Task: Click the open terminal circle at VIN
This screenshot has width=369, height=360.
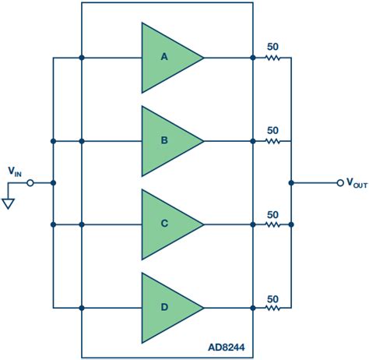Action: coord(30,183)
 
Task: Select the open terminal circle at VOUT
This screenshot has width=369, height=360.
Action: coord(339,183)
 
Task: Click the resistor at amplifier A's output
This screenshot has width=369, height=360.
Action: coord(272,58)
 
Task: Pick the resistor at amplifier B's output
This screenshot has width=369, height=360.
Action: coord(272,141)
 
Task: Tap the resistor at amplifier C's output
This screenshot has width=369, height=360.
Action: coord(272,224)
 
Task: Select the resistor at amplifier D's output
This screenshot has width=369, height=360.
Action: coord(272,307)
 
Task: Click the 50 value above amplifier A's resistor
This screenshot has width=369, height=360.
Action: coord(272,47)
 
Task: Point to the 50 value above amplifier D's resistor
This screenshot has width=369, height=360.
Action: coord(272,297)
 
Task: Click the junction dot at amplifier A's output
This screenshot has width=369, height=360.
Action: coord(253,58)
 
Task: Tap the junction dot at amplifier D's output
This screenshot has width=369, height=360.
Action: coord(253,307)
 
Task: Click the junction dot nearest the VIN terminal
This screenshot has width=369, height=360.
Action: coord(53,183)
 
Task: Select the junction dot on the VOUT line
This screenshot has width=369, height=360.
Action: coord(291,183)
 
